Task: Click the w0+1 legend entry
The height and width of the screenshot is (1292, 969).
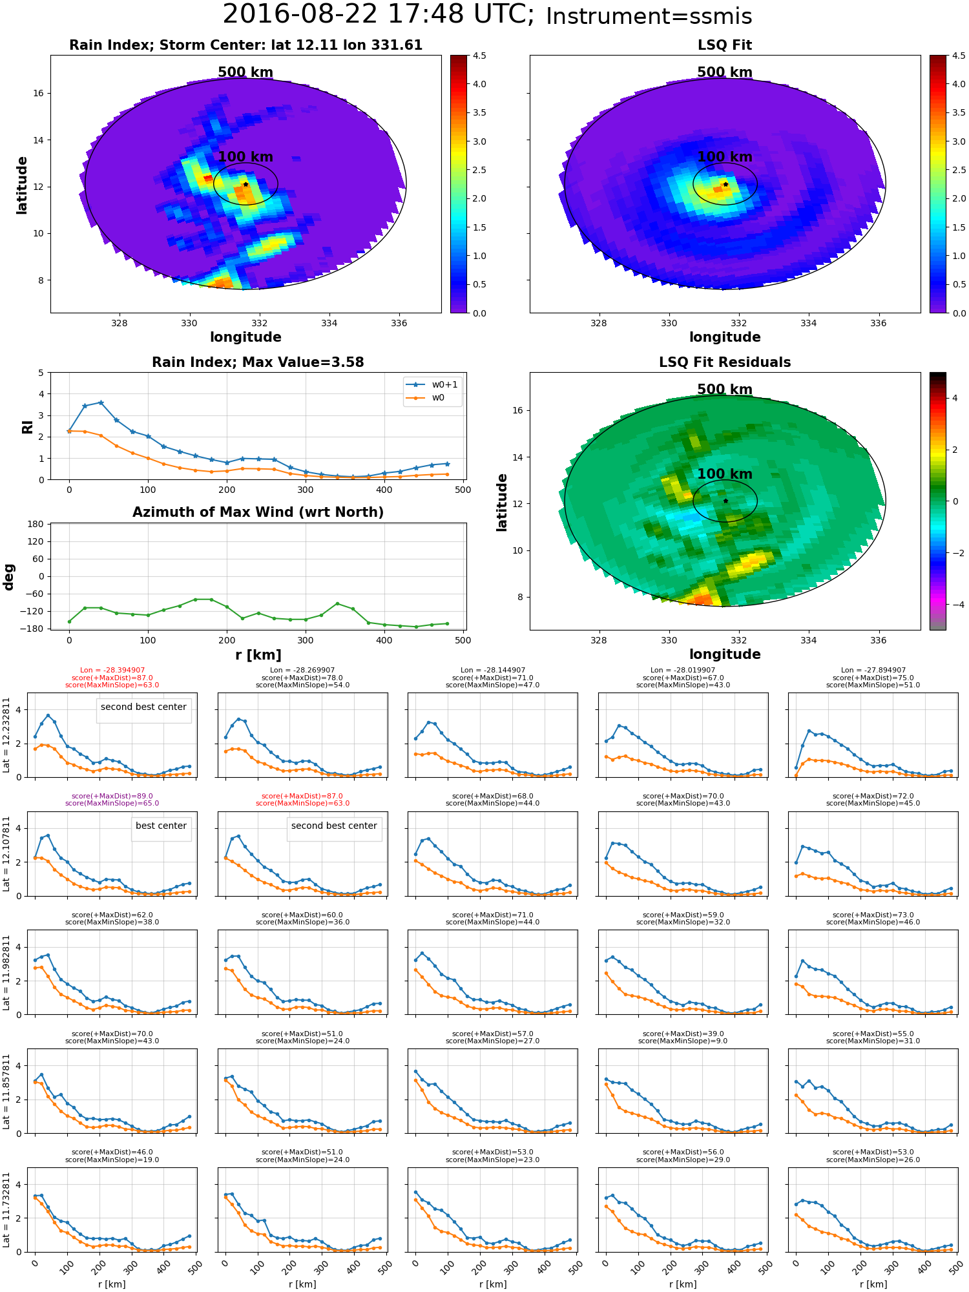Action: click(x=432, y=385)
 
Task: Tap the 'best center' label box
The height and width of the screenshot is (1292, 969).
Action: click(x=161, y=826)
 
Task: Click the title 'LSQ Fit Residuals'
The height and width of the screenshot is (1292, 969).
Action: click(x=725, y=362)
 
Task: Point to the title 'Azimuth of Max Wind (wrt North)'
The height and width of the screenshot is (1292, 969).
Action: click(x=258, y=512)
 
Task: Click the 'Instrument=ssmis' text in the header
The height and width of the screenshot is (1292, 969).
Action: click(x=649, y=16)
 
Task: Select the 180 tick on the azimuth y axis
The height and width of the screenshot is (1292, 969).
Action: click(x=36, y=524)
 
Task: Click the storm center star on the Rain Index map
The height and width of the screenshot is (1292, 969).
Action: click(x=245, y=184)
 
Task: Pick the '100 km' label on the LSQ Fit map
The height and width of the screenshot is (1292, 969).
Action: click(x=725, y=157)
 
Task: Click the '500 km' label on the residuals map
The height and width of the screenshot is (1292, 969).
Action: click(x=725, y=390)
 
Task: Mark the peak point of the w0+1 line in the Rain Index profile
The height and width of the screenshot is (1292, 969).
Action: click(x=101, y=402)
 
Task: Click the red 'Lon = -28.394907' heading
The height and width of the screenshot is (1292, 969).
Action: click(x=112, y=671)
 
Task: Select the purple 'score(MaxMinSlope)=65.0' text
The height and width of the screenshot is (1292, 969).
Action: click(x=112, y=804)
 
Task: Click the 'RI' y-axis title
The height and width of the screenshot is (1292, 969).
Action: click(x=28, y=427)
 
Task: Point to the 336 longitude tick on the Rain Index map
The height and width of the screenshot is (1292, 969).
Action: click(x=399, y=323)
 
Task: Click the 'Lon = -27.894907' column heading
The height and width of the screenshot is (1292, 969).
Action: click(x=873, y=671)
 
